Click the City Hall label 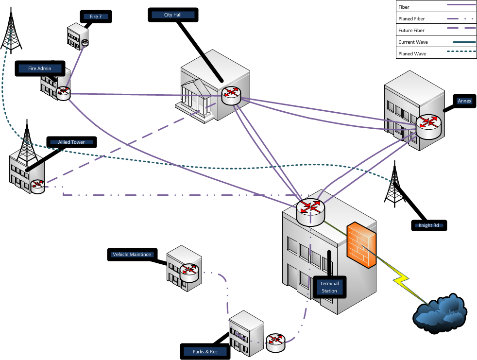click(x=172, y=15)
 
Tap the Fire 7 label click(x=95, y=17)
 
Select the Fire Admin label click(x=39, y=69)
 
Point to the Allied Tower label click(x=71, y=142)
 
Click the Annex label click(x=465, y=101)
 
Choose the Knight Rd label click(x=428, y=225)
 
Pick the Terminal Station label click(x=329, y=287)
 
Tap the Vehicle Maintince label click(x=132, y=254)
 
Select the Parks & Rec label click(x=205, y=351)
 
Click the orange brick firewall click(x=361, y=247)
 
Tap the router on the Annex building click(x=428, y=126)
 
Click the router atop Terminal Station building click(x=310, y=211)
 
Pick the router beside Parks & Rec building click(x=275, y=342)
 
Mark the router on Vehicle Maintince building click(x=189, y=273)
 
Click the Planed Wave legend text click(x=412, y=54)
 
